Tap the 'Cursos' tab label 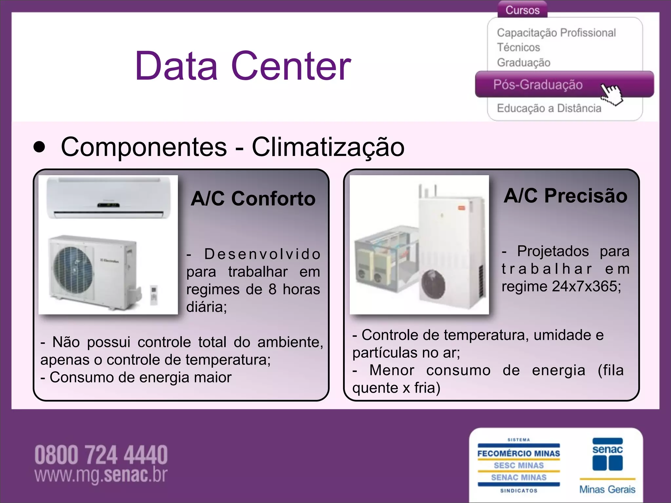click(522, 10)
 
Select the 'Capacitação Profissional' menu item click(556, 33)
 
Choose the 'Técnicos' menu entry click(518, 47)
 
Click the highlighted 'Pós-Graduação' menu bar click(538, 84)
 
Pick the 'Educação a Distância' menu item click(549, 108)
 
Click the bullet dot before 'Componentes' click(39, 147)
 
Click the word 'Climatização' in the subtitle click(328, 147)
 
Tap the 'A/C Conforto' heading click(253, 198)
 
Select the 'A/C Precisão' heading click(566, 196)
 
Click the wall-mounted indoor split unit click(108, 198)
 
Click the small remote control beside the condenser click(154, 295)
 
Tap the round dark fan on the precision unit click(433, 285)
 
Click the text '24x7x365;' click(586, 287)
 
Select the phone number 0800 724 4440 click(101, 455)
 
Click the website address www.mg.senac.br click(101, 475)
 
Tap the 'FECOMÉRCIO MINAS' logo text click(519, 454)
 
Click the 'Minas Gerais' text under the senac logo click(607, 489)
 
